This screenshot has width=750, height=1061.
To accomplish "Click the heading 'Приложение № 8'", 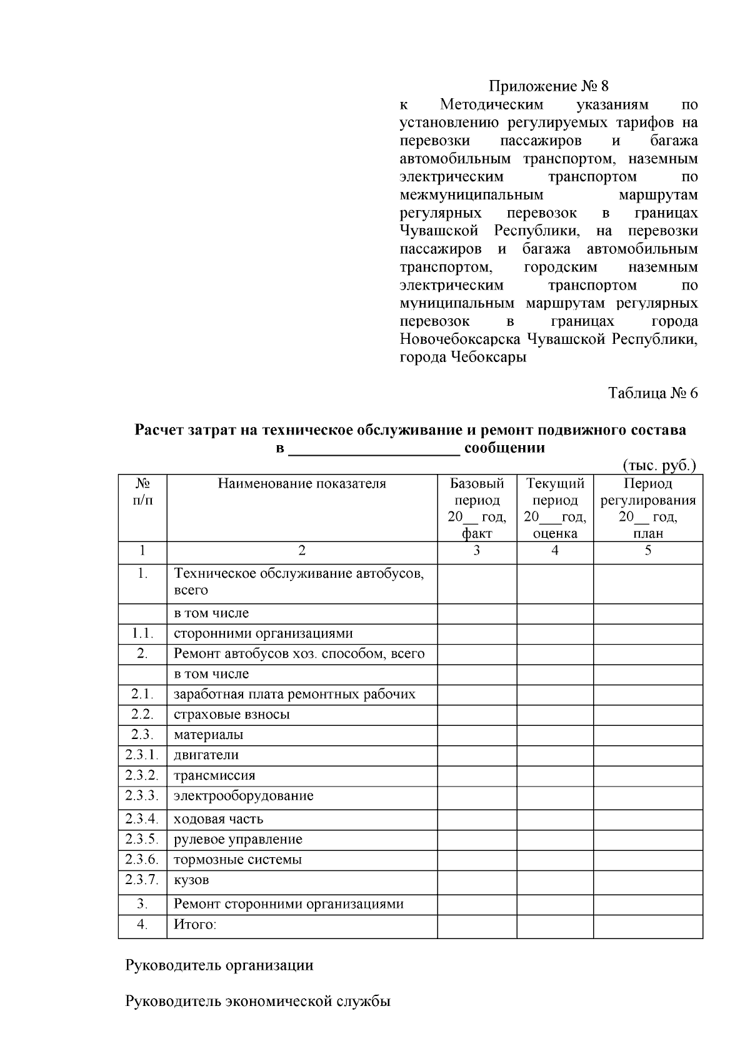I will coord(548,86).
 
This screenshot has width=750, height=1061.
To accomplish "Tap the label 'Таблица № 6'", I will coord(652,393).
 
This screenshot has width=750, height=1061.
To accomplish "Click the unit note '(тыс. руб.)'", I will coord(659,466).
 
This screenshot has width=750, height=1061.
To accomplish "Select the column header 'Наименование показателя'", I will coord(302,483).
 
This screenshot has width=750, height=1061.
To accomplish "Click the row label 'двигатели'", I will coord(206,755).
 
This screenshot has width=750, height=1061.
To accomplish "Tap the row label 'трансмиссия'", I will coord(214,775).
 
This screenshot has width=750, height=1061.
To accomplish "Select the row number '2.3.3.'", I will coord(142,795).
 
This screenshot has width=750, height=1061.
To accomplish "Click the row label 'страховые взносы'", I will coord(231,714).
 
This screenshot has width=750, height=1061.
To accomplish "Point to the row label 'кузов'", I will coord(191,880).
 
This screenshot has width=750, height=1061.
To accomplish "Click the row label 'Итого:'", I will coord(195,924).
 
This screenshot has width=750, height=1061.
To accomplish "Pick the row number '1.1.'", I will coord(142,633).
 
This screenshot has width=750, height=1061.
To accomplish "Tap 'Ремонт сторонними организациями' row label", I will coord(289,903).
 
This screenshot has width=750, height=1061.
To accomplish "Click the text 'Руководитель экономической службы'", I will coord(258,1001).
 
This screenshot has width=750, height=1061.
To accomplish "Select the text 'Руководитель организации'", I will coord(219,965).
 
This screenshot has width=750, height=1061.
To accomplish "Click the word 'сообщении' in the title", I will coord(504,448).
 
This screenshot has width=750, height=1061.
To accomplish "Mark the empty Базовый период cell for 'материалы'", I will coord(477,734).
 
